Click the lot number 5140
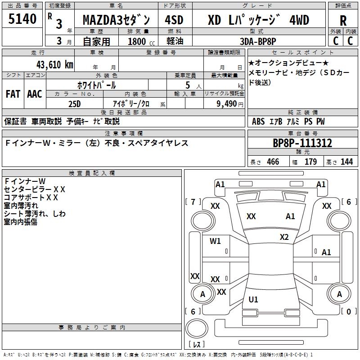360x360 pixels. coord(22,19)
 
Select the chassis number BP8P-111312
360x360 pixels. coord(303,143)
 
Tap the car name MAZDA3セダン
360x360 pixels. coord(117,20)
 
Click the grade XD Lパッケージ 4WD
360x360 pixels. coord(258,20)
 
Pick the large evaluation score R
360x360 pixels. coord(343,20)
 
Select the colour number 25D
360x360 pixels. coord(74,103)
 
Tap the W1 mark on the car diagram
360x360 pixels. coord(216,241)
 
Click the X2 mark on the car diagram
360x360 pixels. coord(284,237)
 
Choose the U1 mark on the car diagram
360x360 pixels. coord(253,299)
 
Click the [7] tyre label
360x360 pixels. coord(193,202)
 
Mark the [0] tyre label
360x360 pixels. coord(349,311)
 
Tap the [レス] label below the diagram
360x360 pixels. coord(197,345)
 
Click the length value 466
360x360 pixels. coord(273,162)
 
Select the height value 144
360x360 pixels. coord(346,162)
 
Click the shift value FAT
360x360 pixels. coord(13,94)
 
